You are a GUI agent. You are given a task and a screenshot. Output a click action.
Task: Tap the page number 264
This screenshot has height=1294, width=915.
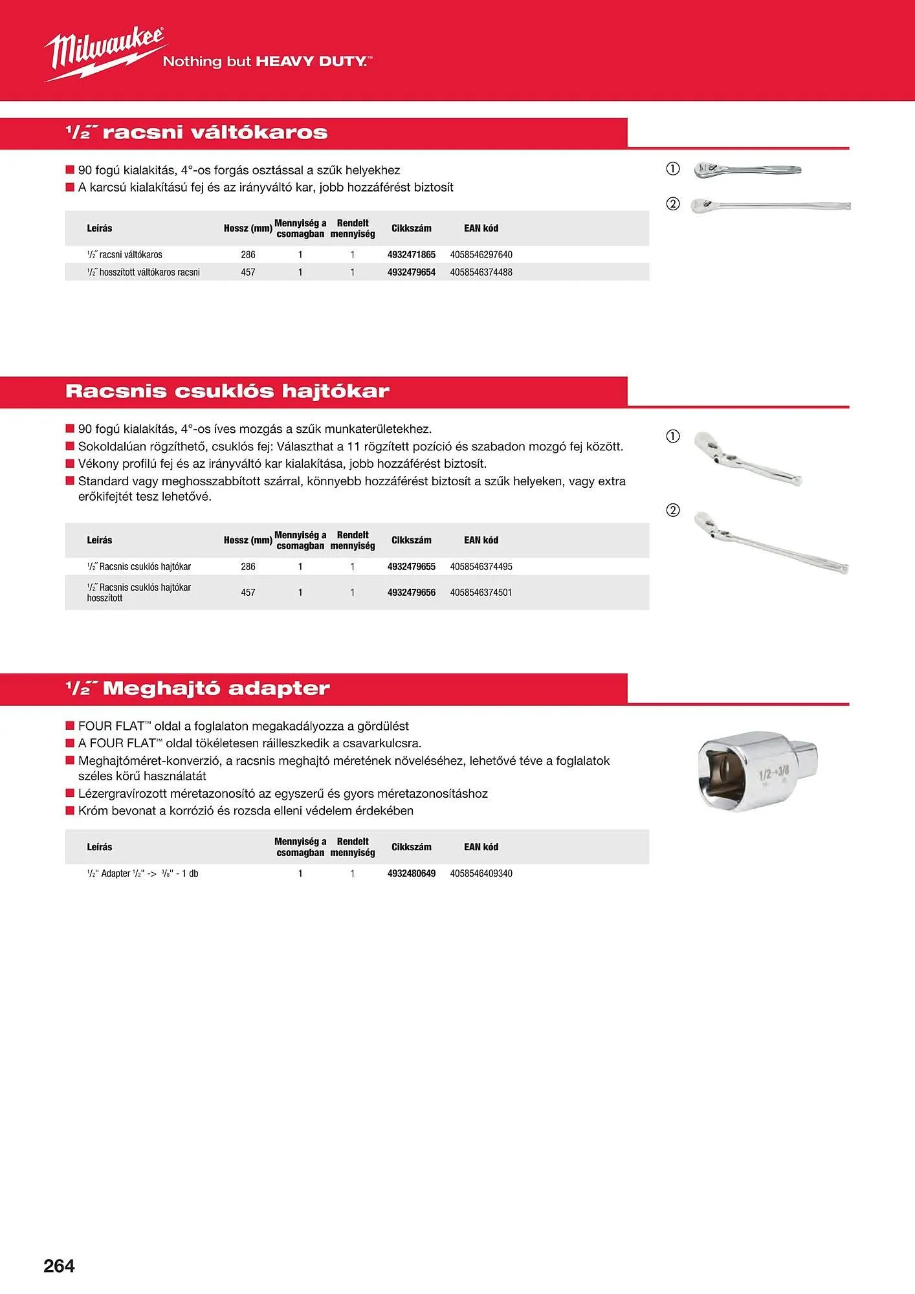click(59, 1266)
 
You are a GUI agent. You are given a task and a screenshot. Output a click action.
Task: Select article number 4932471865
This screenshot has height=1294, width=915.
click(411, 255)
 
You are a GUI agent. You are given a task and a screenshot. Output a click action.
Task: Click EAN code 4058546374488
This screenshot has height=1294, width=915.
click(481, 272)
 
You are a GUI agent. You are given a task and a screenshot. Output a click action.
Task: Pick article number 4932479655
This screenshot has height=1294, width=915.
click(411, 567)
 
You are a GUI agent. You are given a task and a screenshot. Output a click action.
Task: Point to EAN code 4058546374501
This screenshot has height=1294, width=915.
click(481, 593)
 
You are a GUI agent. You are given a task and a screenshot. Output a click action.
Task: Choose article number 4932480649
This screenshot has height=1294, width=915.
click(411, 873)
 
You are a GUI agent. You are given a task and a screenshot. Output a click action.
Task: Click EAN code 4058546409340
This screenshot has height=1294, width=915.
click(481, 873)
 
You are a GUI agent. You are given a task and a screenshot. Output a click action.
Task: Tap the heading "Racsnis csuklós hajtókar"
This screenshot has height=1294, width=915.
click(227, 391)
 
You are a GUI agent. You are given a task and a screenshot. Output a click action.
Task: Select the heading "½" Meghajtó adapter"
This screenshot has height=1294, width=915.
click(197, 688)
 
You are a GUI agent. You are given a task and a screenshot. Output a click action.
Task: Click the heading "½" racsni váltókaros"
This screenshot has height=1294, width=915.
click(196, 133)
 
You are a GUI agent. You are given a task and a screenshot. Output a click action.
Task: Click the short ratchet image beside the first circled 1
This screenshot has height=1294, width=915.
click(747, 170)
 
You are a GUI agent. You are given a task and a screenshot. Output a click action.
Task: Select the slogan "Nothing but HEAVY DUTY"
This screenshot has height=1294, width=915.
click(267, 62)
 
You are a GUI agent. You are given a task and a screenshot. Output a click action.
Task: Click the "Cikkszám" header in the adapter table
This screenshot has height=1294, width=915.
click(411, 847)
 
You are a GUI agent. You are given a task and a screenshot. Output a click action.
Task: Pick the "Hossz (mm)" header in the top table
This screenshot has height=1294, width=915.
click(248, 228)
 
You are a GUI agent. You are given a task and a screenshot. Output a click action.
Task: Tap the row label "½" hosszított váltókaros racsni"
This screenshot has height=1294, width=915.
click(143, 272)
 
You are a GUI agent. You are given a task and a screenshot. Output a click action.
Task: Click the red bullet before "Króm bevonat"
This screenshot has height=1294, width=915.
click(70, 811)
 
